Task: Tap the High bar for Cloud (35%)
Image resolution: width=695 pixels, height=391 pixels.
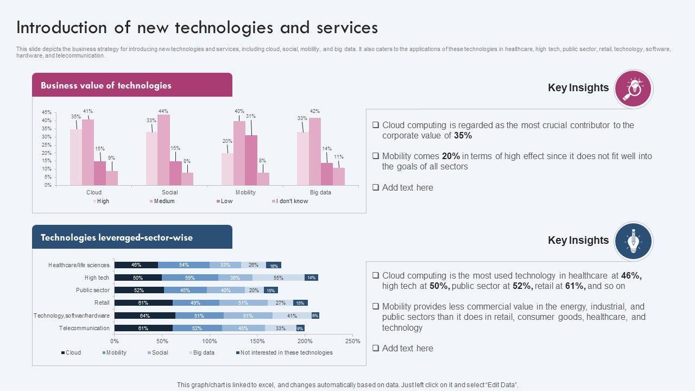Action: tap(76, 157)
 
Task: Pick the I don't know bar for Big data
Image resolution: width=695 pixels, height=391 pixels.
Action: tap(339, 176)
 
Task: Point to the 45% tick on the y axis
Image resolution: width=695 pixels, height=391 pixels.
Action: tap(47, 112)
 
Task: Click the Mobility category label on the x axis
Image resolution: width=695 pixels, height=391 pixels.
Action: tap(245, 192)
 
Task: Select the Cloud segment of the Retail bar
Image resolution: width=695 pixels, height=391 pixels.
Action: tap(143, 303)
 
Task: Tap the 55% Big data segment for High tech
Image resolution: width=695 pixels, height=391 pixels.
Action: tap(279, 278)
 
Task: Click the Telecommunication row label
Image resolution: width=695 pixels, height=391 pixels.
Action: tap(84, 328)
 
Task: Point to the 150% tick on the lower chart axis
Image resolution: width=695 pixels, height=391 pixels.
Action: tap(257, 341)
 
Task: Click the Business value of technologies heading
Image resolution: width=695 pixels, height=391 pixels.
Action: tap(106, 85)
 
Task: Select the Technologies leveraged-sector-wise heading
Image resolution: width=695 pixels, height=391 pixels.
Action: tap(117, 237)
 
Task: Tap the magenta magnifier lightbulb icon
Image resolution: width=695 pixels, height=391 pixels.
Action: tap(633, 89)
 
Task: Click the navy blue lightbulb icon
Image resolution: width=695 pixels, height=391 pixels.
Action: tap(633, 241)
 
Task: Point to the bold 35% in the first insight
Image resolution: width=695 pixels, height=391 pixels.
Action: tap(463, 136)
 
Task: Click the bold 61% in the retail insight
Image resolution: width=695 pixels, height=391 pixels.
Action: tap(575, 286)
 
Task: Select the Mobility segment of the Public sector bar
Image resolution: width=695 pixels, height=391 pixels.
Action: tap(185, 290)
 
